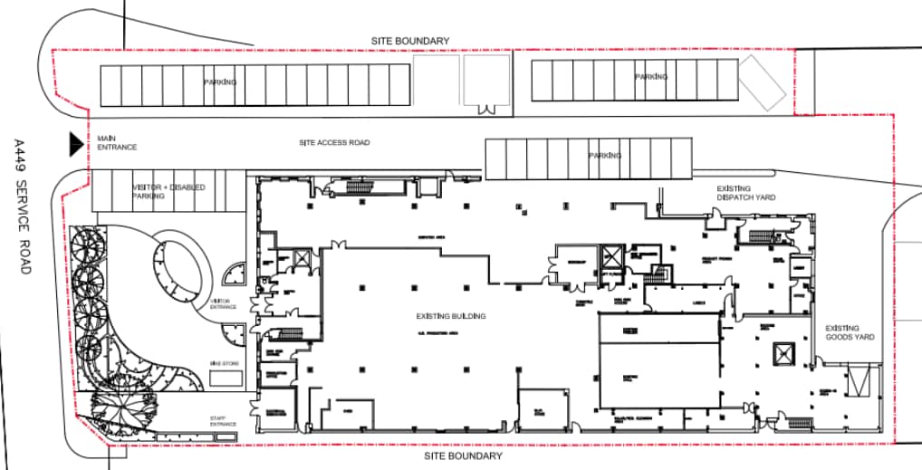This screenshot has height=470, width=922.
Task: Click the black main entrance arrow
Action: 76,143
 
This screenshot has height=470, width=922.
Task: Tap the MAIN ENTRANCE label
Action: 117,143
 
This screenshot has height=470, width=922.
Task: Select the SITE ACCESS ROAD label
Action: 334,143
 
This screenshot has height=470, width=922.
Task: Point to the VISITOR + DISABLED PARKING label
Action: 168,191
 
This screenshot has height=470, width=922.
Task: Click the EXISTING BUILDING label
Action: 451,316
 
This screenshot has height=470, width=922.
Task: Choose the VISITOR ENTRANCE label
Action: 224,304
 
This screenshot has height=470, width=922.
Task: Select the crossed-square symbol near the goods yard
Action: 782,353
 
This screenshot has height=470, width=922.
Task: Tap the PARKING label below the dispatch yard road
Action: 605,156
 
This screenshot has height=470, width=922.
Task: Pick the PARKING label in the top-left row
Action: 220,82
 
